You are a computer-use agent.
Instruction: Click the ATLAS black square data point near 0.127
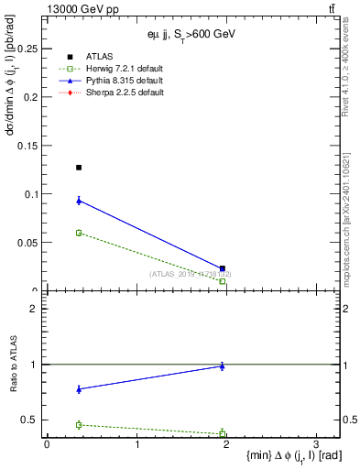tap(79, 168)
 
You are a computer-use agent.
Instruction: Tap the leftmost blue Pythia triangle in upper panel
tap(79, 201)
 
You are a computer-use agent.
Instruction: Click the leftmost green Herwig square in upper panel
tap(79, 233)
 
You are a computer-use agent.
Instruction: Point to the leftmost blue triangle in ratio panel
tap(79, 389)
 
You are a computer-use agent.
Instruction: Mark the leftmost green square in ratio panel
tap(79, 425)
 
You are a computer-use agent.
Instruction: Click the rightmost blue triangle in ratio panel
tap(223, 365)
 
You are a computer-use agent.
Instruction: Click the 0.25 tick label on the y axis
tap(27, 48)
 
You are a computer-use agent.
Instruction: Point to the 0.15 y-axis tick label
tap(27, 145)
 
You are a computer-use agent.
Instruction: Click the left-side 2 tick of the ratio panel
tap(34, 309)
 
